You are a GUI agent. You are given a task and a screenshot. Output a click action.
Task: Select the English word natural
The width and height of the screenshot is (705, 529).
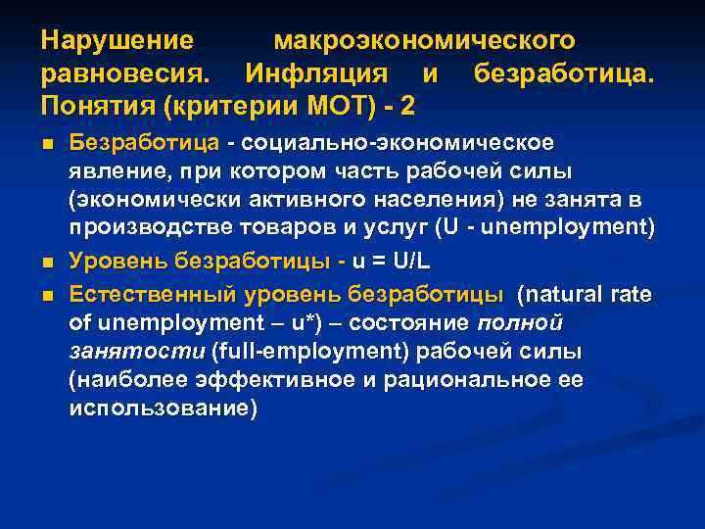[x=566, y=294]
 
